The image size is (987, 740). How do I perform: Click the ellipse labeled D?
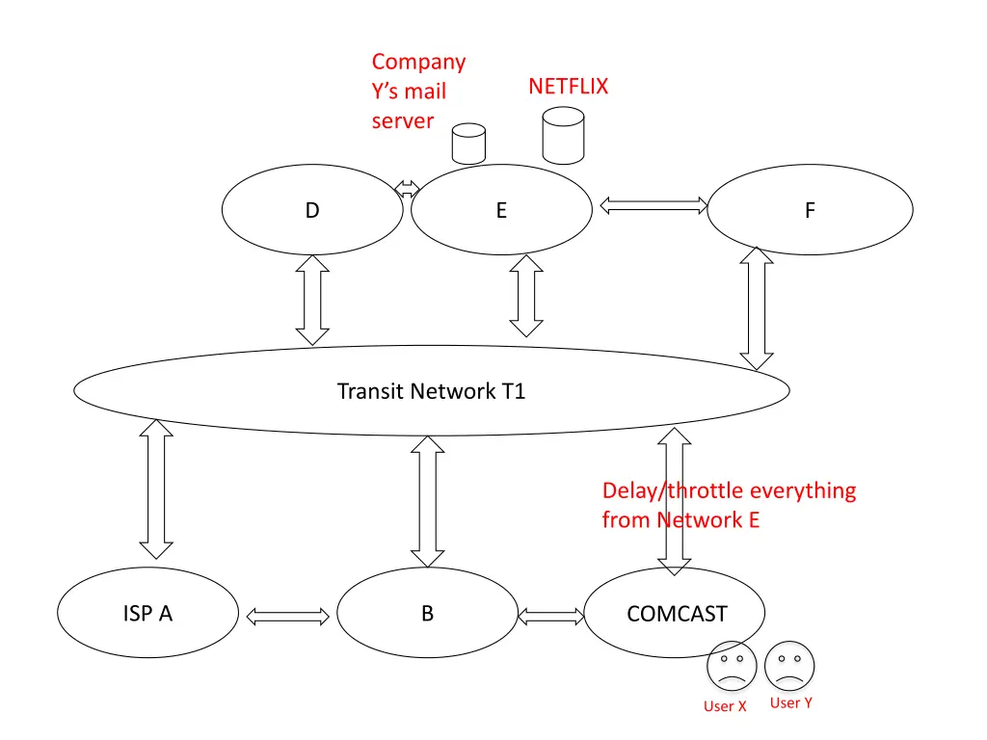coord(312,210)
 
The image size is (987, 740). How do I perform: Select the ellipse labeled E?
coord(501,210)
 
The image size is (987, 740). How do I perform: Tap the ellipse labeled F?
coord(810,210)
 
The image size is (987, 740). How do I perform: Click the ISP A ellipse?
coord(147,613)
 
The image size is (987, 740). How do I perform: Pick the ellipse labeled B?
coord(427,613)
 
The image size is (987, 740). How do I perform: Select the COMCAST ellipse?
coord(676,613)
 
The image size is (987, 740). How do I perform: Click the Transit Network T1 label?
coord(431,391)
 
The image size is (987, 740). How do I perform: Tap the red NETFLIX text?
coord(568,87)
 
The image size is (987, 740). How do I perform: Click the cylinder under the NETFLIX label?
coord(563,135)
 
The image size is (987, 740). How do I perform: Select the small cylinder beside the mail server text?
coord(468,144)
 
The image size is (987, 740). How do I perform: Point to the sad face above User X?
coord(731,667)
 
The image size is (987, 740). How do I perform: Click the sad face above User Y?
coord(789,665)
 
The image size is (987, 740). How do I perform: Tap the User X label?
coord(725,706)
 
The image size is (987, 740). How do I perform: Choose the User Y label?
coord(790,703)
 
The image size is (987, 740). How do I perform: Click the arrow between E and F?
coord(654,205)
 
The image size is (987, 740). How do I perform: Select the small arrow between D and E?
coord(407,188)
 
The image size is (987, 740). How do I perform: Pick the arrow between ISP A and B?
coord(287,617)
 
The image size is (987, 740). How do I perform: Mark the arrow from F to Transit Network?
coord(757,308)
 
